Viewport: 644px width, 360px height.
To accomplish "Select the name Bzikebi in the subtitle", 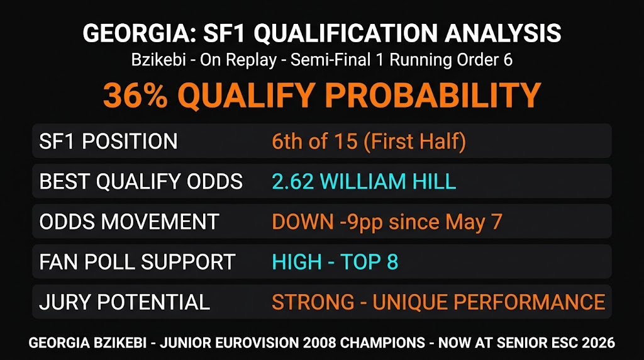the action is tap(158, 60).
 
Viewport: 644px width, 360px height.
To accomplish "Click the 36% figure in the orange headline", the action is tap(136, 95).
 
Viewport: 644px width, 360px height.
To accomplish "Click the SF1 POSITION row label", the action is tap(108, 142).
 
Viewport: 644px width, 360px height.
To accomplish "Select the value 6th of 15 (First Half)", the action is tap(369, 142).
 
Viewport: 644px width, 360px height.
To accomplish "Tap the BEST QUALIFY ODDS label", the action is tap(141, 181).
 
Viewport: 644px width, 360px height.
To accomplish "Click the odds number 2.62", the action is tap(293, 181).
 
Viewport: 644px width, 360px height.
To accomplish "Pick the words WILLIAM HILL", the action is tap(387, 181).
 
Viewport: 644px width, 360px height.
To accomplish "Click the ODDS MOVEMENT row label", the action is tap(129, 222).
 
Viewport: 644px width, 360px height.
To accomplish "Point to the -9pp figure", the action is tap(362, 222).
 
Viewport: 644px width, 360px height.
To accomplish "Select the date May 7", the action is tap(474, 222).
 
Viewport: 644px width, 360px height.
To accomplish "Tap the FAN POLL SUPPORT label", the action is tap(137, 262).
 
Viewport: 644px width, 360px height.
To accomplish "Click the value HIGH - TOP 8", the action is tap(335, 262).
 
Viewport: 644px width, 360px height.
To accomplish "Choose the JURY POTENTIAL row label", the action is tap(125, 302).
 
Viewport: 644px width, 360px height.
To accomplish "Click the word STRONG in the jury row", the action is tap(313, 302).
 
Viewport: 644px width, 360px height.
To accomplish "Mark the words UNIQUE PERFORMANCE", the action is tap(489, 302).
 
